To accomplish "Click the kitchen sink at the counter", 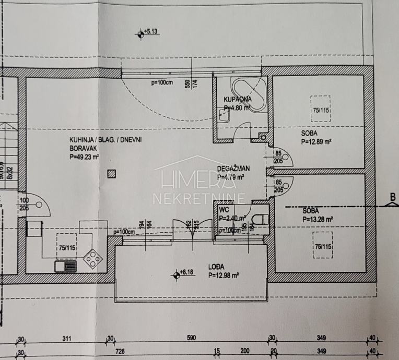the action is pyautogui.click(x=65, y=266).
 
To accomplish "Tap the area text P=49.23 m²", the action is pyautogui.click(x=84, y=156).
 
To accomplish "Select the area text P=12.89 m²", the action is pyautogui.click(x=316, y=141).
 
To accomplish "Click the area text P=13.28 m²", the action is pyautogui.click(x=318, y=219).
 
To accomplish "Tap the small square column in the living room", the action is pyautogui.click(x=110, y=174).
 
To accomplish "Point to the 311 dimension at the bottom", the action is pyautogui.click(x=66, y=339).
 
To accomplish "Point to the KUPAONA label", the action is pyautogui.click(x=238, y=99).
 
